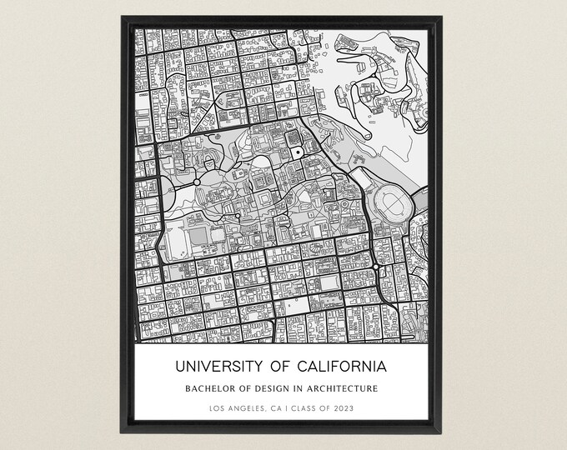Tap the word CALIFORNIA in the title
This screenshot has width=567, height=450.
click(x=342, y=367)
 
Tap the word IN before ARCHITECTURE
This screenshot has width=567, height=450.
click(x=303, y=388)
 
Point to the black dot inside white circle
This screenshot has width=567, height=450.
click(x=296, y=152)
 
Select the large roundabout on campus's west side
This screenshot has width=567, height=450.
click(x=197, y=181)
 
